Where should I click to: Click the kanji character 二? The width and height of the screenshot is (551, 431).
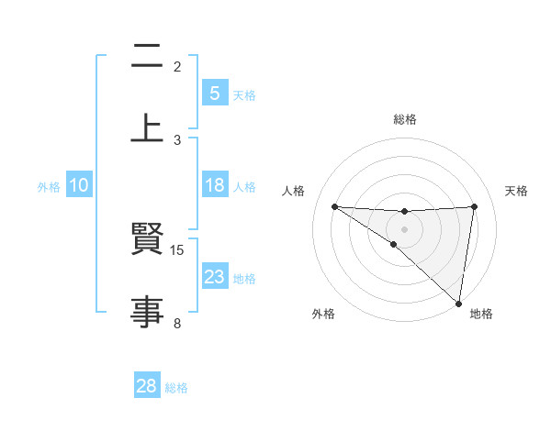click(x=147, y=58)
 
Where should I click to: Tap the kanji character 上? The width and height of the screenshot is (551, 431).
click(x=147, y=127)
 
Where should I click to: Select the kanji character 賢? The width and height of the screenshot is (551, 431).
click(x=147, y=241)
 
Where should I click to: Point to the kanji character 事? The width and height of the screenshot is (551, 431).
click(x=147, y=313)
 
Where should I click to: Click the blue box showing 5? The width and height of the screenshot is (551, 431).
click(x=214, y=94)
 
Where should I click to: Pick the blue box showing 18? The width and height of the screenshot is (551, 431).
click(x=214, y=185)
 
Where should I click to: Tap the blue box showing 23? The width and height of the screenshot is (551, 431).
click(x=214, y=277)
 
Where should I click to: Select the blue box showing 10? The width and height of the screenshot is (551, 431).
click(x=79, y=185)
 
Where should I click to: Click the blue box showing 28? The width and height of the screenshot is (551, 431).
click(x=147, y=387)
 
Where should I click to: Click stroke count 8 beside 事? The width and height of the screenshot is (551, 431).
click(x=177, y=323)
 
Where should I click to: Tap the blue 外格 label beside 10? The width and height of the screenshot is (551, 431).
click(x=49, y=186)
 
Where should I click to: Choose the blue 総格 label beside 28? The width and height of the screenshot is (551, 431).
click(x=176, y=388)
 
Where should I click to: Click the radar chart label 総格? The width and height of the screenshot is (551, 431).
click(x=405, y=120)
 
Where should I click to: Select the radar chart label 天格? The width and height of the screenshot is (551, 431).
click(x=516, y=191)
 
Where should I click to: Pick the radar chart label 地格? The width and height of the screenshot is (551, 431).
click(x=481, y=314)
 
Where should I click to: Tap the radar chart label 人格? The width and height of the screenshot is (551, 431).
click(x=294, y=191)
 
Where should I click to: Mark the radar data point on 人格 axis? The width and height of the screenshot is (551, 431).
click(x=334, y=206)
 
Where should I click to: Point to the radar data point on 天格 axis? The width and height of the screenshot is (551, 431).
click(x=475, y=206)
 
